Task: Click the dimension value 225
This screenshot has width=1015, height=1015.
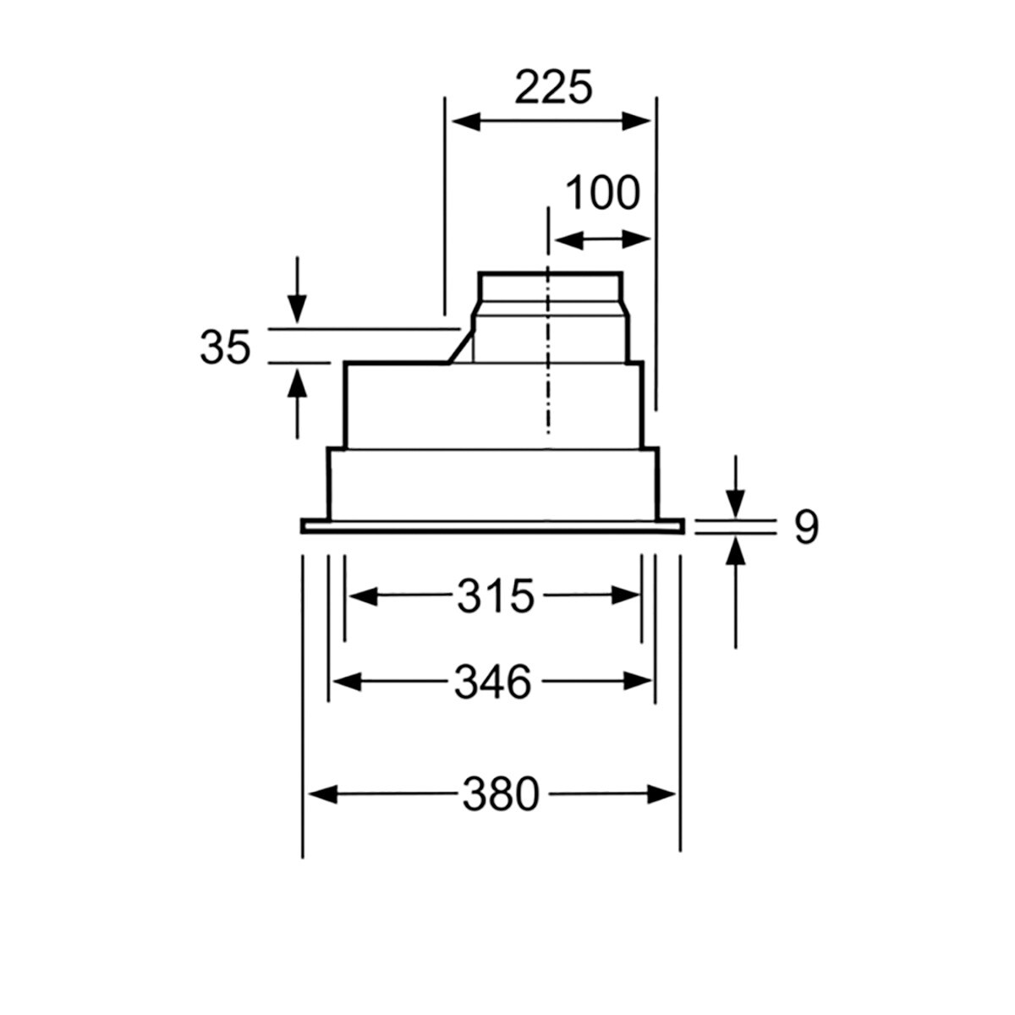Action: tap(553, 87)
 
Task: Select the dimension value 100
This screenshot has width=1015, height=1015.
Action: tap(601, 194)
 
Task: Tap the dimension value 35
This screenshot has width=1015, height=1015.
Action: tap(226, 348)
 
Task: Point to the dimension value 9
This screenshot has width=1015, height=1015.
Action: tap(806, 529)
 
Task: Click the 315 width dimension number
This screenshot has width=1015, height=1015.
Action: tap(496, 596)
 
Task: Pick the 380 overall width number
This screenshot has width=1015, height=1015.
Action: tap(501, 795)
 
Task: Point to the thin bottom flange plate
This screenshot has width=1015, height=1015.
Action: tap(491, 527)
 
